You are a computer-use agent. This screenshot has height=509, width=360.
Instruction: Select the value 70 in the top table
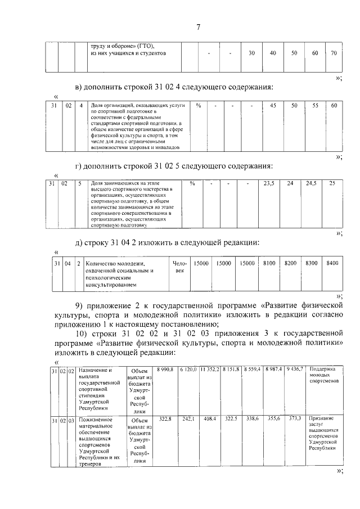[333, 53]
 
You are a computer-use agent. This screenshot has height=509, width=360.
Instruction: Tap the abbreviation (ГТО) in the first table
[145, 45]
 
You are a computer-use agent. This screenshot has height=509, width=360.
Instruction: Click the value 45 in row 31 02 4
[273, 106]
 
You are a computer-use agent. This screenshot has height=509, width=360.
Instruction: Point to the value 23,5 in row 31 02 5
[269, 183]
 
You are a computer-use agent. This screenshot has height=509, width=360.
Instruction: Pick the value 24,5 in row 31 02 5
[311, 183]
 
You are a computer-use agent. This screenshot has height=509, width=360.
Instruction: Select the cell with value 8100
[269, 263]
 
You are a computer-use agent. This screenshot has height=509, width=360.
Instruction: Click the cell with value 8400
[332, 263]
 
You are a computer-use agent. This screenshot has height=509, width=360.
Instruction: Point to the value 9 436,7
[295, 368]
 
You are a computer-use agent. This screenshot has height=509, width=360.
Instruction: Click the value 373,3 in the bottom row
[295, 419]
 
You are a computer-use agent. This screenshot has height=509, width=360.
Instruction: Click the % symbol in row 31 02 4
[198, 106]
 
